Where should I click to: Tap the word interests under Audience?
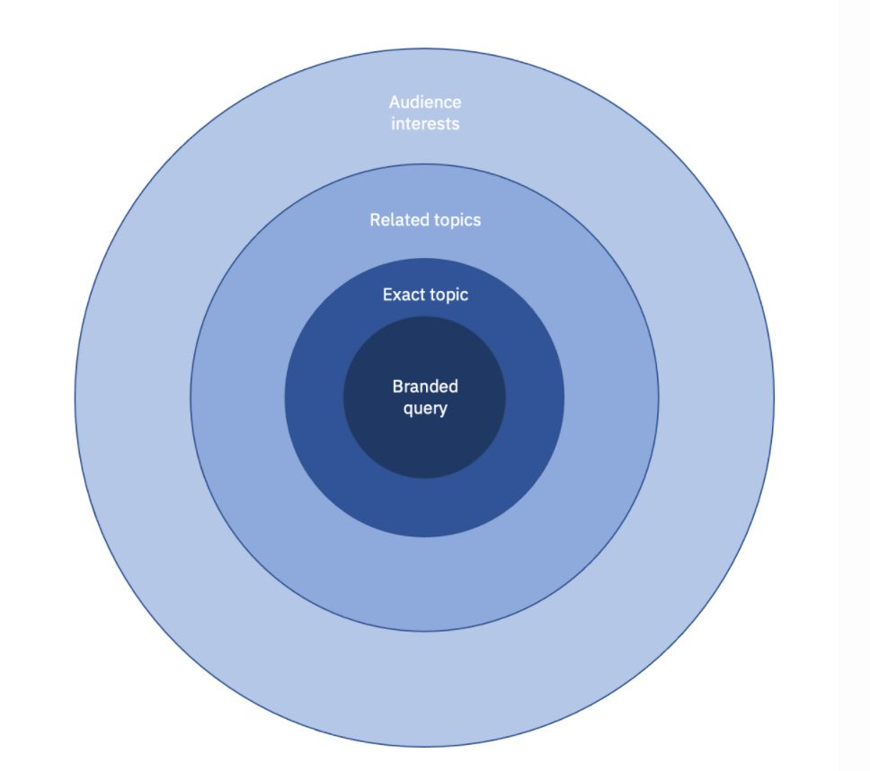point(425,124)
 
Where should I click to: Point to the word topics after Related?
point(456,219)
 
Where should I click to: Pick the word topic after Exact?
point(448,295)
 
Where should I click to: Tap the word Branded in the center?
point(425,386)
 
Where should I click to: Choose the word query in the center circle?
point(425,408)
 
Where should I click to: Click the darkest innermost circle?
point(424,440)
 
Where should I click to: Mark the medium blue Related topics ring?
point(424,584)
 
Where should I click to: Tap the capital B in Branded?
point(397,386)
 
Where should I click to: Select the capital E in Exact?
point(387,295)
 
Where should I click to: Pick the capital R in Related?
point(375,219)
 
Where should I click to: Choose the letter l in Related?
point(393,219)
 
